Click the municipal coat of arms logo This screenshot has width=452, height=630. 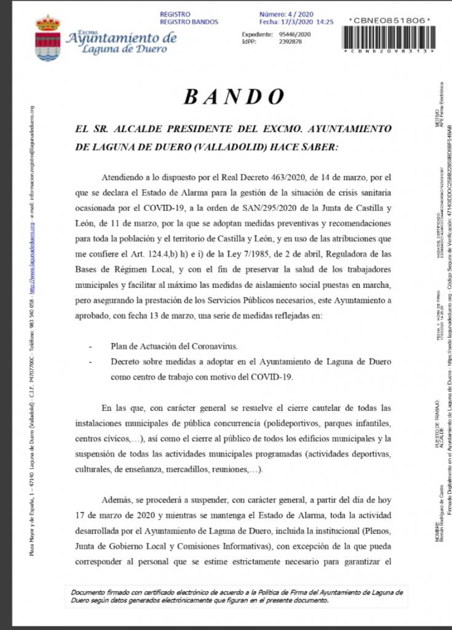click(x=48, y=38)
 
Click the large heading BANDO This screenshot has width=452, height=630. click(x=234, y=97)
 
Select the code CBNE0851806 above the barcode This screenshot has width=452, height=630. click(x=388, y=20)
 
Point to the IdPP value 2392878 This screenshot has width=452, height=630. click(x=290, y=42)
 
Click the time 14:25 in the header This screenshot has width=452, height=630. click(x=325, y=22)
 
